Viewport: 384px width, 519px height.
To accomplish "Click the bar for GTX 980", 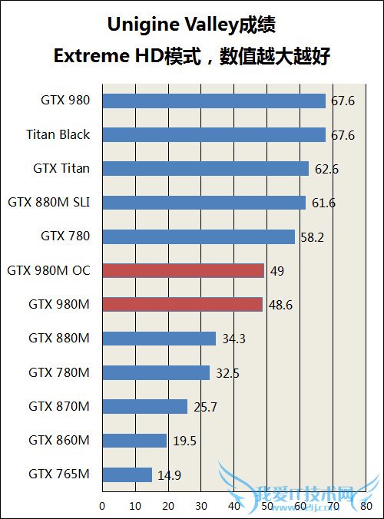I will tap(214, 101).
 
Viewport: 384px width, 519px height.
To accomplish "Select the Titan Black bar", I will tap(214, 134).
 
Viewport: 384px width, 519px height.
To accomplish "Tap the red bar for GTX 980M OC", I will tap(183, 270).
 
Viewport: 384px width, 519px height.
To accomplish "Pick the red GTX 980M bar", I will tap(182, 304).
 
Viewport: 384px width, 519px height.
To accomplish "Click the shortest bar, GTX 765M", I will tap(127, 474).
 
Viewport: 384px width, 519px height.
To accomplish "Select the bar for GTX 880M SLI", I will tap(204, 203).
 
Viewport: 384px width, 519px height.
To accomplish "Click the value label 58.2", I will tap(311, 237).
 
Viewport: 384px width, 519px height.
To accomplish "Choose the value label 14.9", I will tap(169, 475).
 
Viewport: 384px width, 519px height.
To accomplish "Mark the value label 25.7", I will tap(204, 407).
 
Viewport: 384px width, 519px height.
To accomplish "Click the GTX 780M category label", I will tap(59, 372).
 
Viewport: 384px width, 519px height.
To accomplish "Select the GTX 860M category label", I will tap(59, 440).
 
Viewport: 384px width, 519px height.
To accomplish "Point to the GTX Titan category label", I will tap(61, 168).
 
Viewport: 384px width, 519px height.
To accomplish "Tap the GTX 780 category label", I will tap(65, 236).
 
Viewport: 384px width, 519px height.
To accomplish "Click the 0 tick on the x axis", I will tap(102, 506).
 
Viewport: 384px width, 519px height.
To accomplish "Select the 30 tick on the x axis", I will tap(201, 506).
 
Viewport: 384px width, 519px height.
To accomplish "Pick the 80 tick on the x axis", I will tap(366, 506).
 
